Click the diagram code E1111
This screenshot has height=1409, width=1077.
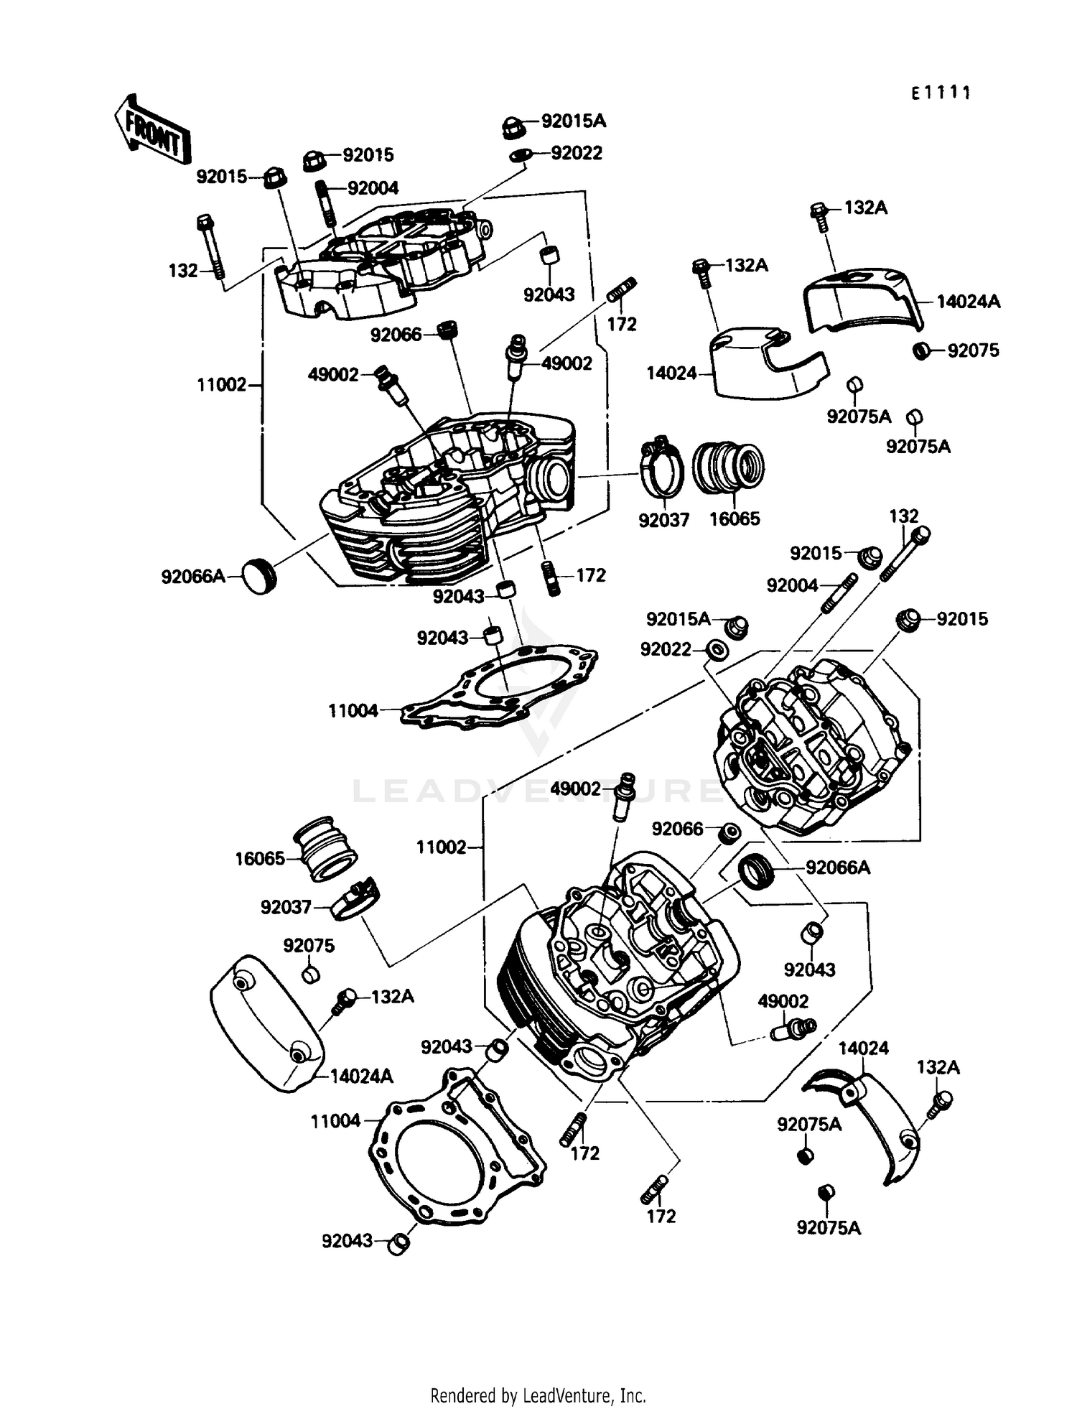[941, 93]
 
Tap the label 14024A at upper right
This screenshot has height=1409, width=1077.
[968, 302]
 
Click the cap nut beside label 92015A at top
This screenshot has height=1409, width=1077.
[512, 127]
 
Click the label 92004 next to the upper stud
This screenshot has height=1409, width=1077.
[373, 188]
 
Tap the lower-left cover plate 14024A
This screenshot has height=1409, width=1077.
[266, 1023]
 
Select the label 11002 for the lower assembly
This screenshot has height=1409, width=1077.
[441, 847]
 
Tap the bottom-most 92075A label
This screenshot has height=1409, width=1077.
[828, 1228]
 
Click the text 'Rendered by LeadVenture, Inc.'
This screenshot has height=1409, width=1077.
[538, 1395]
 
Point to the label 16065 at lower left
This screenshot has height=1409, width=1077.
[259, 859]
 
